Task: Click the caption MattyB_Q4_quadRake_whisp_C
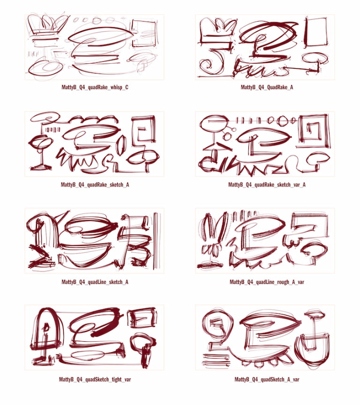[x=95, y=87]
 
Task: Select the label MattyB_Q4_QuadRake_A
[x=267, y=87]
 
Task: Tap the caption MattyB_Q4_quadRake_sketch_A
[x=95, y=185]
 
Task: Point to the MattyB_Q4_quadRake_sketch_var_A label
[x=267, y=185]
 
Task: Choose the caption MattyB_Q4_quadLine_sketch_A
[x=95, y=282]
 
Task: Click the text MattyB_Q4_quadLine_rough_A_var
[x=267, y=282]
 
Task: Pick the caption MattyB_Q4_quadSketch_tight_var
[x=95, y=379]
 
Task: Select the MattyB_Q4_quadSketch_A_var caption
[x=267, y=379]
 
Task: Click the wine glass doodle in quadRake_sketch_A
[x=41, y=154]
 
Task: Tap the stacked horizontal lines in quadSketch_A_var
[x=217, y=360]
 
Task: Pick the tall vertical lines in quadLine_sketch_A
[x=157, y=241]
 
